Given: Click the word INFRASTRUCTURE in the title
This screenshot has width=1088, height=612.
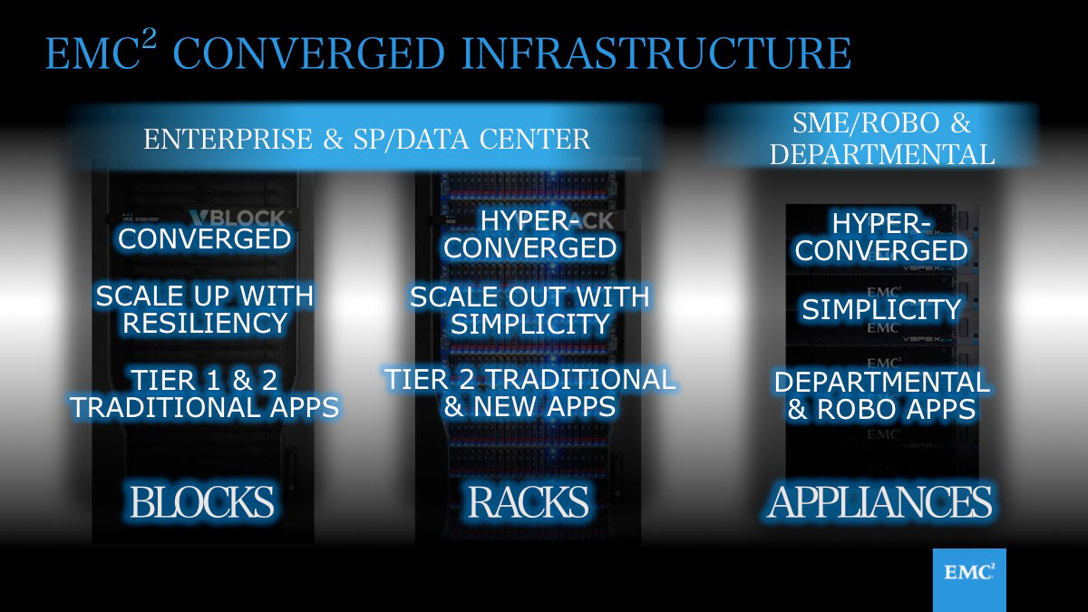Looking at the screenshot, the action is point(656,53).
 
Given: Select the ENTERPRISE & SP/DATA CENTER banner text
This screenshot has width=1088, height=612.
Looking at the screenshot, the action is point(366,139).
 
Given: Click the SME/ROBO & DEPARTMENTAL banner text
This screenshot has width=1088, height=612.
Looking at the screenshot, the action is point(882,139).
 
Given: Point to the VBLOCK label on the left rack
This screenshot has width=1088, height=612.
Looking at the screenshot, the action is point(238,219).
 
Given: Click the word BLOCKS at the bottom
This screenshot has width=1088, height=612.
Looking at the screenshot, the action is point(202,501).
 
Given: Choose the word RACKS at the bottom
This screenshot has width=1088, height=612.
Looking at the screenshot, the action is point(528,501).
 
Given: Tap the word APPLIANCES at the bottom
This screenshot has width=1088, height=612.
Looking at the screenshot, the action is point(879,501).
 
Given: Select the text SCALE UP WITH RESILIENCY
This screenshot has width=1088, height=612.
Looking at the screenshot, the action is point(205,309).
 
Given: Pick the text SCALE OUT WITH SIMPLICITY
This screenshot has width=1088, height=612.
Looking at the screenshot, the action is point(529,310).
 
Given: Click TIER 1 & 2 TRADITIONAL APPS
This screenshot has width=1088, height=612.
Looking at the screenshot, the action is point(205,393).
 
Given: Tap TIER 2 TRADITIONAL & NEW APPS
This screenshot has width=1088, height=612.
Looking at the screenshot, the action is point(529,393).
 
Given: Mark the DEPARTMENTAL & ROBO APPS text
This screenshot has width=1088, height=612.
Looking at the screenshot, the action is point(881,395).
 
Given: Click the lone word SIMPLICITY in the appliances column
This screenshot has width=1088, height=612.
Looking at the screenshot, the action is point(881,309).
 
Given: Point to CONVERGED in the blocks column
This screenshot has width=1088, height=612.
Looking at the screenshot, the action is point(205,239).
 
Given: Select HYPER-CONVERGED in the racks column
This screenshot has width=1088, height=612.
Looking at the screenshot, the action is point(529,235).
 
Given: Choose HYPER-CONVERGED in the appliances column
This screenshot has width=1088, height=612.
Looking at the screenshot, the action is point(881,237).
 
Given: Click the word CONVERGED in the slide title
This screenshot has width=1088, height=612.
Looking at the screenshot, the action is point(308,53).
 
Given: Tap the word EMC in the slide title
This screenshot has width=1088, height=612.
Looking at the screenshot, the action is point(93,53).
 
